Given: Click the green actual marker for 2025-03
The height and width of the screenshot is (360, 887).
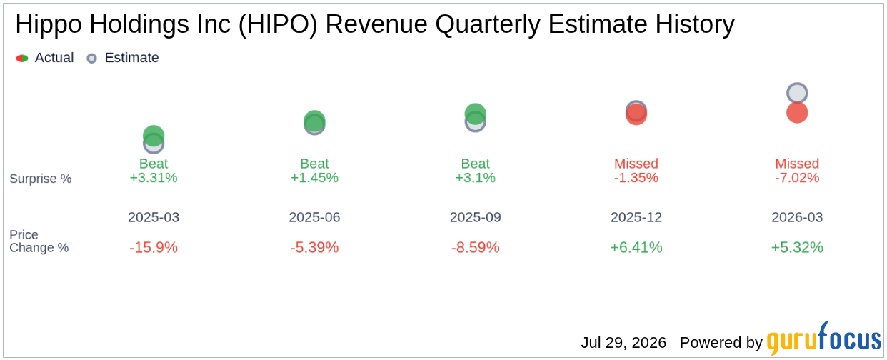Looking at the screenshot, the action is (154, 136).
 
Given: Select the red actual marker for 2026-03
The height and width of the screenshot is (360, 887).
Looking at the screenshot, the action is (797, 112).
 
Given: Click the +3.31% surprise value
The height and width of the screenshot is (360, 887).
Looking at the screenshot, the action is (154, 178).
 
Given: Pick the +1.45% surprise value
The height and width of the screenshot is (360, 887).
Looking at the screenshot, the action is (314, 178).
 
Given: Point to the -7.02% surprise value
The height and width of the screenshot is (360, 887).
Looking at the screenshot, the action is (797, 178).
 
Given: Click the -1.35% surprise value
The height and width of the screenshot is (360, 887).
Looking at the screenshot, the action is (636, 178).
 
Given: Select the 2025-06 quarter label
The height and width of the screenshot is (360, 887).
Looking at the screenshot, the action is (314, 217).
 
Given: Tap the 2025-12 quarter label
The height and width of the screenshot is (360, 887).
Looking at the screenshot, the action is (636, 217).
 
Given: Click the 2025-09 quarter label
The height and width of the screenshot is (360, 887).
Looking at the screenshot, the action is (476, 217).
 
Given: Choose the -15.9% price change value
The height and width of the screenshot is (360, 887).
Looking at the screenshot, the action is (154, 248).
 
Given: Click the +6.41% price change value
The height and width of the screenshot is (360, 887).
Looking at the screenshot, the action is (636, 248).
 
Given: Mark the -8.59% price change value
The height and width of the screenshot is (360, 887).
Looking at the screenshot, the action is (476, 248).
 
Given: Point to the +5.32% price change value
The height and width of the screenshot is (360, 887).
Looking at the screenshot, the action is (797, 248).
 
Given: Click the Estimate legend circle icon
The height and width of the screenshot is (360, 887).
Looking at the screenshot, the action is (91, 59).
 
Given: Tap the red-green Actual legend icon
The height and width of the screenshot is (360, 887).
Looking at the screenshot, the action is (22, 59).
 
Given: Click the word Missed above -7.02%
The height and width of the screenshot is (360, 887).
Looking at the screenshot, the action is (797, 163).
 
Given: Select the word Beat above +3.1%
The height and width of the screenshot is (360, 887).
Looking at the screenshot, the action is (476, 163).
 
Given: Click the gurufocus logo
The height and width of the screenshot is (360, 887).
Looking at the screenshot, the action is (824, 339).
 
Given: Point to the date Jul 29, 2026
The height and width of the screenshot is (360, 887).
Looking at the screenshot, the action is (623, 343).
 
